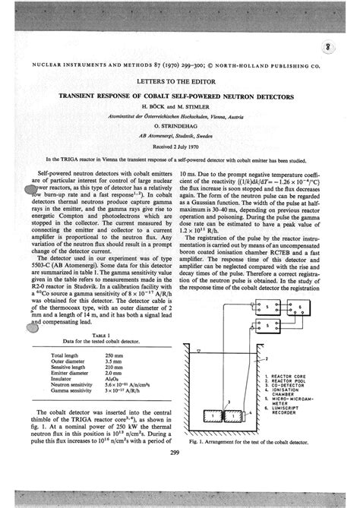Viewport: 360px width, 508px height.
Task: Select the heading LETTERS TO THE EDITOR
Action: click(x=180, y=78)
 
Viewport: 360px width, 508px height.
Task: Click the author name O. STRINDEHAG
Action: click(x=180, y=118)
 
